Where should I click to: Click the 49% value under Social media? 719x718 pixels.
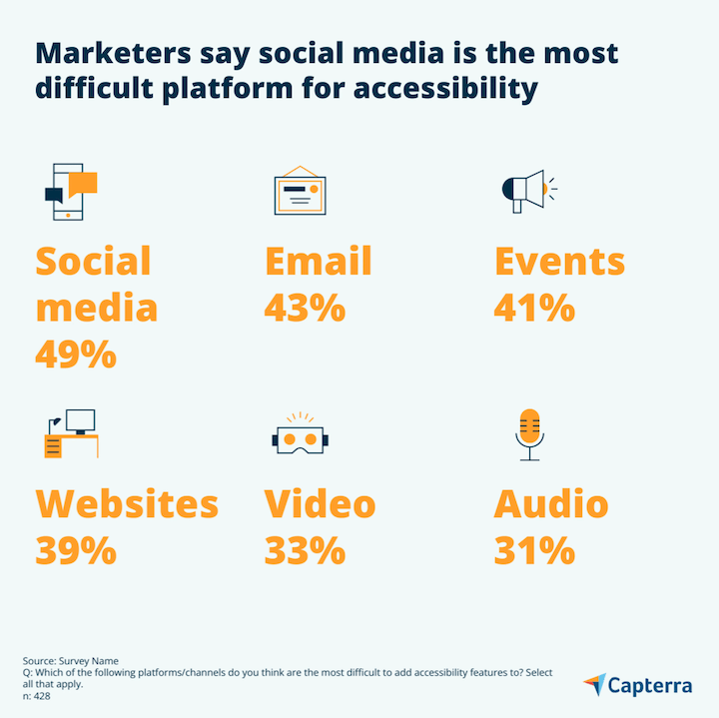[76, 354]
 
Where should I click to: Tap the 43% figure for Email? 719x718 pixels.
[305, 308]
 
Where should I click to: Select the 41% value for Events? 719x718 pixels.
[534, 308]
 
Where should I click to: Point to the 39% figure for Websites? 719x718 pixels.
[76, 550]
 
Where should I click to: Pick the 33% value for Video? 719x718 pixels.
[305, 550]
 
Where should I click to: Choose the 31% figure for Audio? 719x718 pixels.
[534, 550]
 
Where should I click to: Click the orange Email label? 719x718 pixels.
[318, 262]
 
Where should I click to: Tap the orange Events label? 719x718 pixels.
[559, 262]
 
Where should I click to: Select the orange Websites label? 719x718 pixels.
[127, 504]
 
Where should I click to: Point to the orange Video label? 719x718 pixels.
[320, 504]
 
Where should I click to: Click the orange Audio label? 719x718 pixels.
[550, 504]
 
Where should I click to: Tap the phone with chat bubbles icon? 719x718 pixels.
[70, 190]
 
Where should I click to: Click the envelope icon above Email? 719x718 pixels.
[300, 190]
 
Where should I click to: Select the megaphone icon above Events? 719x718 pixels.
[528, 190]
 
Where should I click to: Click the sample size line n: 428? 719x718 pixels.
[37, 696]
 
